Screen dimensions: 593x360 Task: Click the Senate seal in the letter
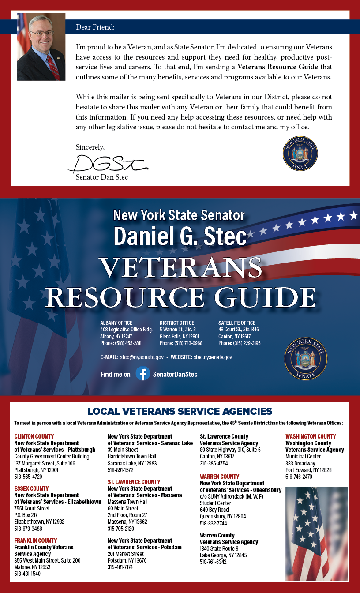coord(300,153)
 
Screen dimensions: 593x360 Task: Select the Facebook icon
coord(142,374)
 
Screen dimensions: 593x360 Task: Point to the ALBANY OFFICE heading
coord(116,323)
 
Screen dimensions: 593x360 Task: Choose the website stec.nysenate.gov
coord(213,357)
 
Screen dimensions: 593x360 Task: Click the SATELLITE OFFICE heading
coord(237,323)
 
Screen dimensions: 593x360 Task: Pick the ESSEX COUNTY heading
coord(31,488)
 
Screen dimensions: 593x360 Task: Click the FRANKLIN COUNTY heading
coord(35,540)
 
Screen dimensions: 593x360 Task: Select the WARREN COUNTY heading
coord(220,477)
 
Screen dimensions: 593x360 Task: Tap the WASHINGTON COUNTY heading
coord(311,436)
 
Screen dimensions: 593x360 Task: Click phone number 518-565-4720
coord(28,477)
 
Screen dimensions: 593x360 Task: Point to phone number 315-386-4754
coord(214,464)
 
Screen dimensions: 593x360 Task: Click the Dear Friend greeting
coord(95,27)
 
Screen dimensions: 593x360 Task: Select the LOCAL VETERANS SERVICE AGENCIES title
coord(180,411)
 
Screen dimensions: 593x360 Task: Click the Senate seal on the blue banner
coord(306,359)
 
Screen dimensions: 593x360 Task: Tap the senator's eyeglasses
coord(41,33)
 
